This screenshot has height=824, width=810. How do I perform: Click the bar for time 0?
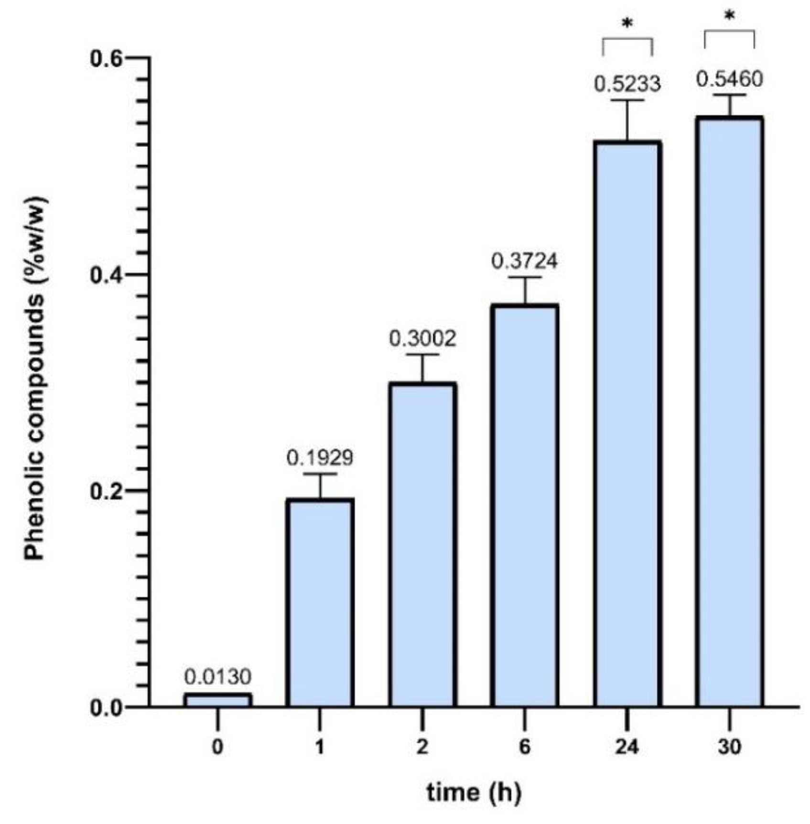point(218,700)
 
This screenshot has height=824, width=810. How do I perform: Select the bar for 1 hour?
point(320,602)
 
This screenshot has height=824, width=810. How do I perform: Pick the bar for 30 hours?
point(729,411)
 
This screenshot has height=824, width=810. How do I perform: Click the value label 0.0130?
point(218,677)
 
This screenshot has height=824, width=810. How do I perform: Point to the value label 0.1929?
point(320,458)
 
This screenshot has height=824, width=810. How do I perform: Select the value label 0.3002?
point(422,338)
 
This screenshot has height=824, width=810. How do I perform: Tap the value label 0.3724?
point(525,261)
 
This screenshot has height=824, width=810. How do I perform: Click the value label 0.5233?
point(627,84)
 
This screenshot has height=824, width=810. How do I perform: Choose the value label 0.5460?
point(729,79)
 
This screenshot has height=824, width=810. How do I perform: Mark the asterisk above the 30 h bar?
point(729,16)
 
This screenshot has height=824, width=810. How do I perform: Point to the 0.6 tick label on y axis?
point(107,58)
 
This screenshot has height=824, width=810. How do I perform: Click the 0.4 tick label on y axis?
point(107,275)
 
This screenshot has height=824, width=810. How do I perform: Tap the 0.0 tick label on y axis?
point(107,708)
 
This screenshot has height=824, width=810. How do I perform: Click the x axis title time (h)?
point(474,792)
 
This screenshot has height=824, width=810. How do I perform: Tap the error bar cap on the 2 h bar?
point(423,355)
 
